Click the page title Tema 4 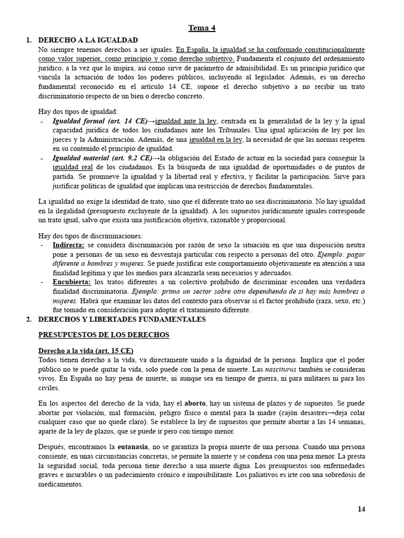tap(202, 28)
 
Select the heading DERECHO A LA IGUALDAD tap(88, 40)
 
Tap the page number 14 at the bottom tap(361, 509)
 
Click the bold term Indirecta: tap(68, 245)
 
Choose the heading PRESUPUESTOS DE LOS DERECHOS tap(104, 335)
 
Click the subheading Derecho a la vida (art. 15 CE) tap(86, 350)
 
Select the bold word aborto tap(195, 403)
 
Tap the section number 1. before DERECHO tap(29, 40)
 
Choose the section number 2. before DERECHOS tap(29, 319)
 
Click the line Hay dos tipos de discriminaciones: tap(90, 235)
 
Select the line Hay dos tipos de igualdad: tap(78, 111)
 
